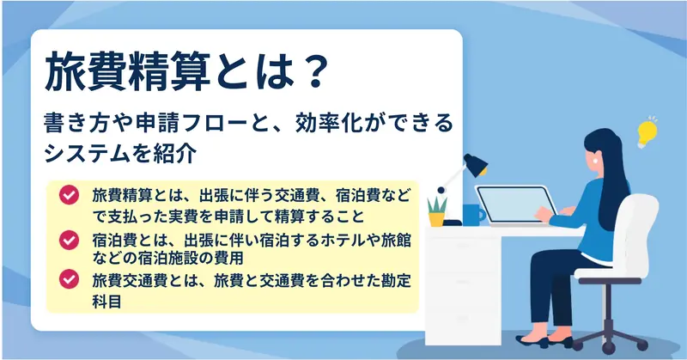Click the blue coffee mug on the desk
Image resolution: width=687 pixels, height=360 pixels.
click(x=474, y=215)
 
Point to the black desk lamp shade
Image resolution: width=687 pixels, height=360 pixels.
click(x=476, y=165)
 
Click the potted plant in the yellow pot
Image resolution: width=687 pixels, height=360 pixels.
click(x=437, y=211)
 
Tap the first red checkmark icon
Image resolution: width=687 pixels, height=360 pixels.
click(x=69, y=195)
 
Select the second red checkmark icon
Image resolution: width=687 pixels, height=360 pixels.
click(x=69, y=240)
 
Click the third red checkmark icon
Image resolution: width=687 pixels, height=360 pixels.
click(x=69, y=279)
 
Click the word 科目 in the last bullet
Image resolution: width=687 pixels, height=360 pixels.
click(x=106, y=302)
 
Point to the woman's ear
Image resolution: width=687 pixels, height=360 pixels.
click(x=596, y=160)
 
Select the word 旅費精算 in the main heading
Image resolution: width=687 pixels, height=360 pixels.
click(x=126, y=71)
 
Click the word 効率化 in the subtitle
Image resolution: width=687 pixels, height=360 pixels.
click(x=328, y=123)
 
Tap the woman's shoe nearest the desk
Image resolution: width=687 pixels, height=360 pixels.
click(x=532, y=342)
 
